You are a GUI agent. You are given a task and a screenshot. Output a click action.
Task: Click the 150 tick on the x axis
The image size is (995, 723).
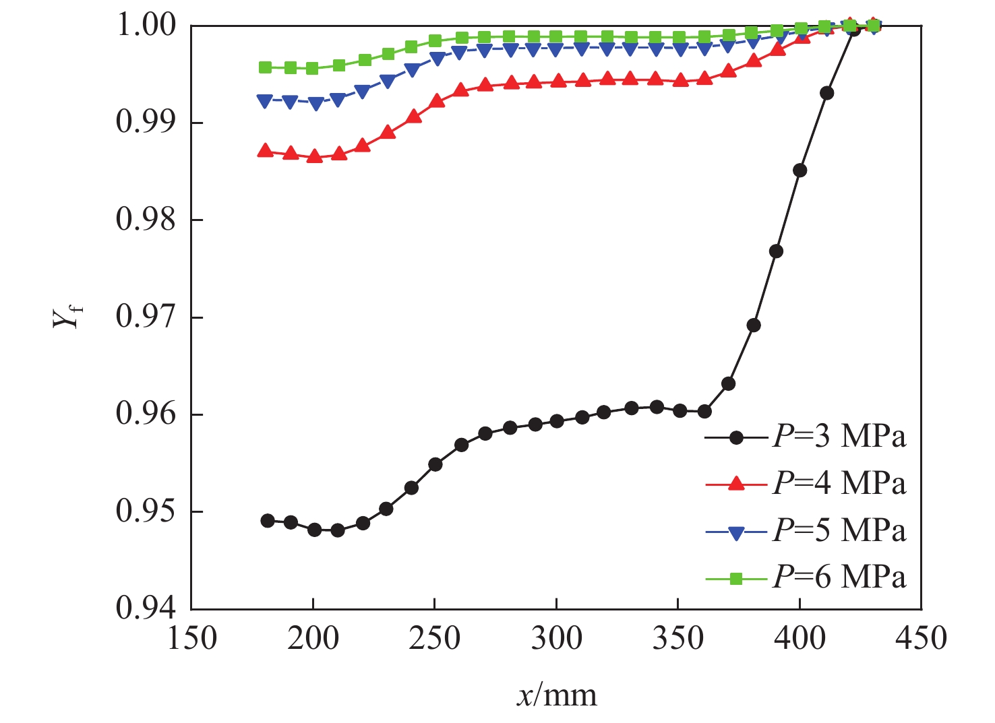[x=191, y=638]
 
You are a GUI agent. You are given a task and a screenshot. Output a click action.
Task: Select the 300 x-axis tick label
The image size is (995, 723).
[x=556, y=638]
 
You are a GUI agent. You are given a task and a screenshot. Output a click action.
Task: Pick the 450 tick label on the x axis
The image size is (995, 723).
[x=921, y=638]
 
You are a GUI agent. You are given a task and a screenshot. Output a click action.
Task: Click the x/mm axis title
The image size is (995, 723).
[x=557, y=695]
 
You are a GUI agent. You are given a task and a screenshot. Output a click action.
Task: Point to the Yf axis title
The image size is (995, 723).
[x=65, y=315]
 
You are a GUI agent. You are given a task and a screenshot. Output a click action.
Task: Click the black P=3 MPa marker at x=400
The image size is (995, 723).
[x=800, y=170]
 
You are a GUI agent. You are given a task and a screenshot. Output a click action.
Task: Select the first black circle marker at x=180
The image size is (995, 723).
[x=268, y=521]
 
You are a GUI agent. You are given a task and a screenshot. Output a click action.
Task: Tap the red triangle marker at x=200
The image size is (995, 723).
[x=314, y=157]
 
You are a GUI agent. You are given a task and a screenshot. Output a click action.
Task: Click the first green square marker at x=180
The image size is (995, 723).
[x=266, y=67]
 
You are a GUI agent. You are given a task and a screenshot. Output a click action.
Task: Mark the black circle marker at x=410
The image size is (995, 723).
[x=826, y=93]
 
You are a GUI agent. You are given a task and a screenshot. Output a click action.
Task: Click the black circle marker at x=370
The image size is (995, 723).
[x=728, y=384]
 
